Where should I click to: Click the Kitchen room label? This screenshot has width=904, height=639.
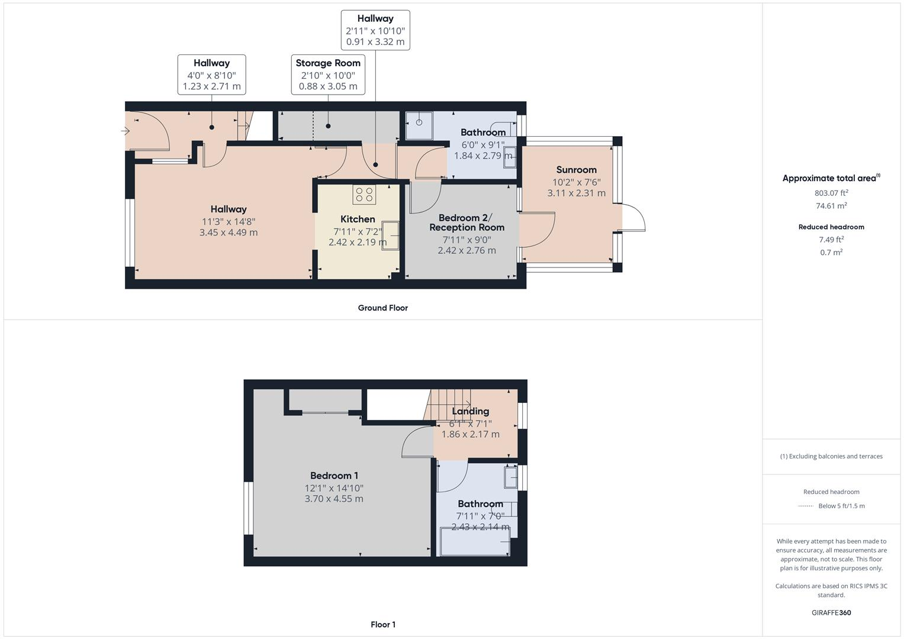tap(358, 219)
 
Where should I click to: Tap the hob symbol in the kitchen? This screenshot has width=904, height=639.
tap(364, 195)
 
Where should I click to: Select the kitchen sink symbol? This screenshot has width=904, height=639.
tap(391, 235)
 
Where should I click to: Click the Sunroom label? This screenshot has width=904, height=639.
tap(576, 170)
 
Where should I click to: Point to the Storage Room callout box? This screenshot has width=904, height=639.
tap(328, 75)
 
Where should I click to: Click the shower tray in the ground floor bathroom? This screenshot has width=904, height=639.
tap(419, 125)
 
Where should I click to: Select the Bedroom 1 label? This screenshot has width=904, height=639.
tap(334, 476)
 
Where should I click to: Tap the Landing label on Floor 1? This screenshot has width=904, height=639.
tap(470, 411)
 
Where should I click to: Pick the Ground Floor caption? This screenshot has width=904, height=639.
tap(382, 308)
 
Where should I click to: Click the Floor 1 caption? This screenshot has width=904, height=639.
tap(382, 624)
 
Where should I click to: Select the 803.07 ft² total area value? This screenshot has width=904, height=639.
tap(831, 193)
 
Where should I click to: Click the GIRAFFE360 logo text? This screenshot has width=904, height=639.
tap(831, 612)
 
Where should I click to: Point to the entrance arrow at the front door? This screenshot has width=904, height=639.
tap(126, 131)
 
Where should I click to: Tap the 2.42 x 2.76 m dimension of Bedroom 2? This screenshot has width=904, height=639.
tap(467, 250)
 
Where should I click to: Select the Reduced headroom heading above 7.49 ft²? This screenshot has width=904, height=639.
tap(831, 227)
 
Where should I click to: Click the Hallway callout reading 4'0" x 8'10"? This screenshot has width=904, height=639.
tap(211, 75)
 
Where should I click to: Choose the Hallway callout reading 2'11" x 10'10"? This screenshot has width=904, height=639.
tap(375, 30)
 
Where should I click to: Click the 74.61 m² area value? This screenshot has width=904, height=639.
tap(831, 206)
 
